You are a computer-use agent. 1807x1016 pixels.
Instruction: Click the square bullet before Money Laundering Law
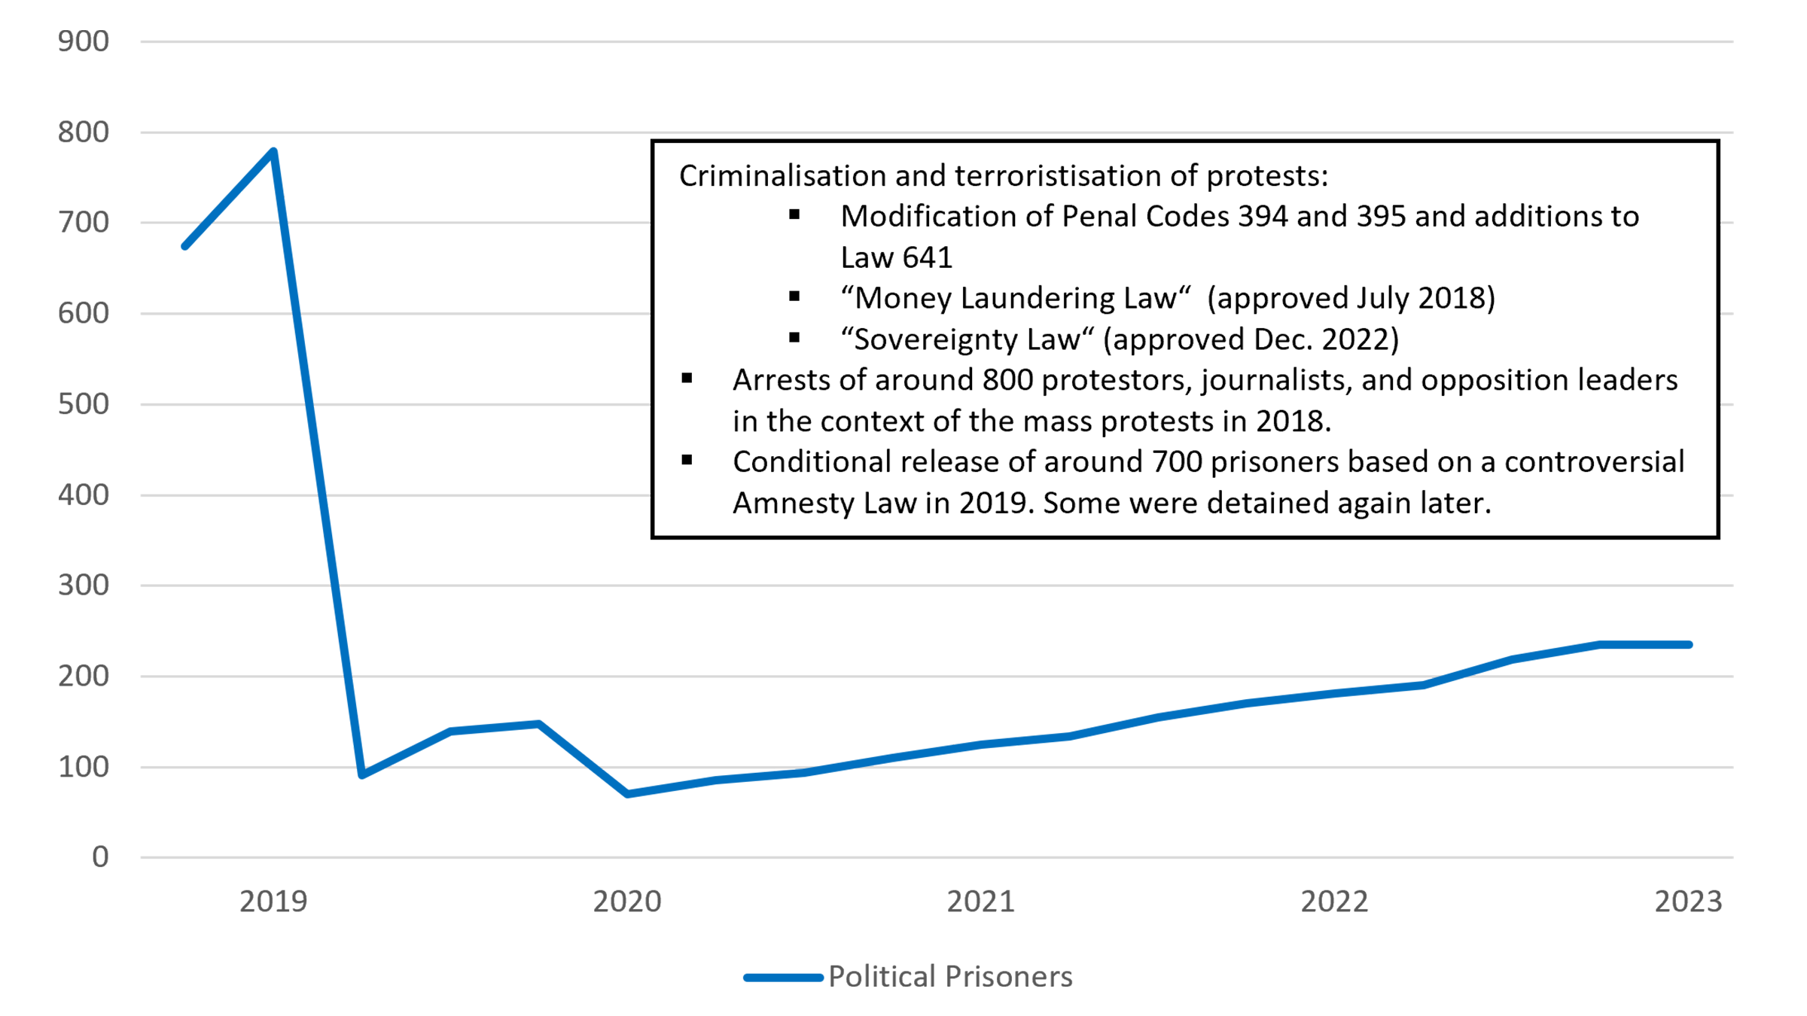(x=794, y=297)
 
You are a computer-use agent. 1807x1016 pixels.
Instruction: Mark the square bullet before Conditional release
(x=687, y=461)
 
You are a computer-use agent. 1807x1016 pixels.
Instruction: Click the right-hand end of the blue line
(x=1709, y=637)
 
